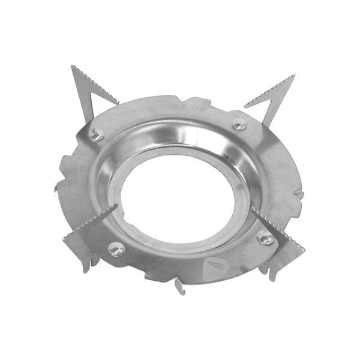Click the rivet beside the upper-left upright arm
pyautogui.click(x=96, y=136)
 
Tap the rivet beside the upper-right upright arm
pyautogui.click(x=239, y=124)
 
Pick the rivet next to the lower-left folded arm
pyautogui.click(x=116, y=248)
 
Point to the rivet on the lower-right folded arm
pyautogui.click(x=265, y=237)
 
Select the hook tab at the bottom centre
pyautogui.click(x=181, y=286)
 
